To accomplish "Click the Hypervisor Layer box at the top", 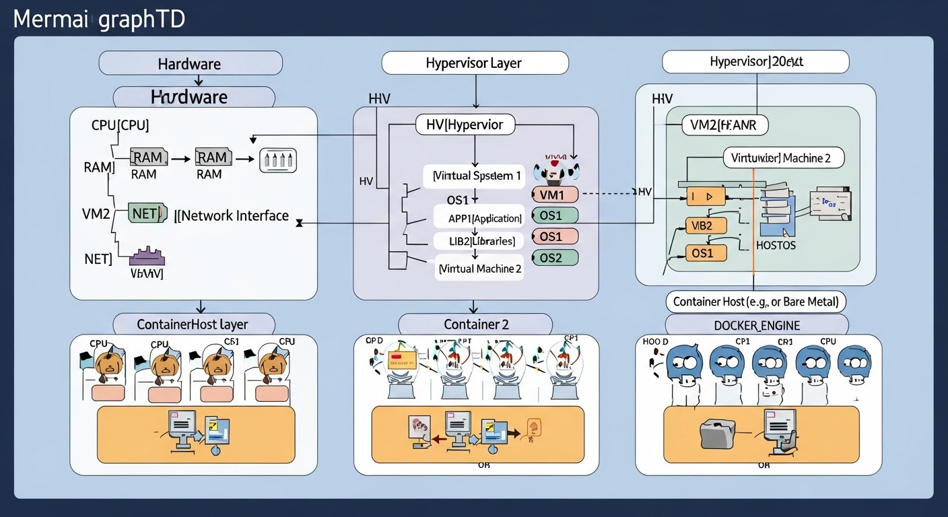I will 475,63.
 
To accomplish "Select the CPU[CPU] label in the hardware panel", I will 120,125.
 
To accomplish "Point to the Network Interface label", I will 233,215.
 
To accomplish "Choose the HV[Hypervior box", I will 465,125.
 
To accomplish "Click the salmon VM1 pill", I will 555,195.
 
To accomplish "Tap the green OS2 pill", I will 555,257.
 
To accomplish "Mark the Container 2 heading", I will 476,324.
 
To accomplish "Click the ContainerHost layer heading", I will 194,324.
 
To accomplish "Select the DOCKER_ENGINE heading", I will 756,325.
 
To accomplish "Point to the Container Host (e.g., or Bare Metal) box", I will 755,301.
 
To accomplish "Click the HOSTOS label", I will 776,246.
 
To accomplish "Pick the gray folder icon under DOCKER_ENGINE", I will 718,434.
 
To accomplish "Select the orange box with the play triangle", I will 705,197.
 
